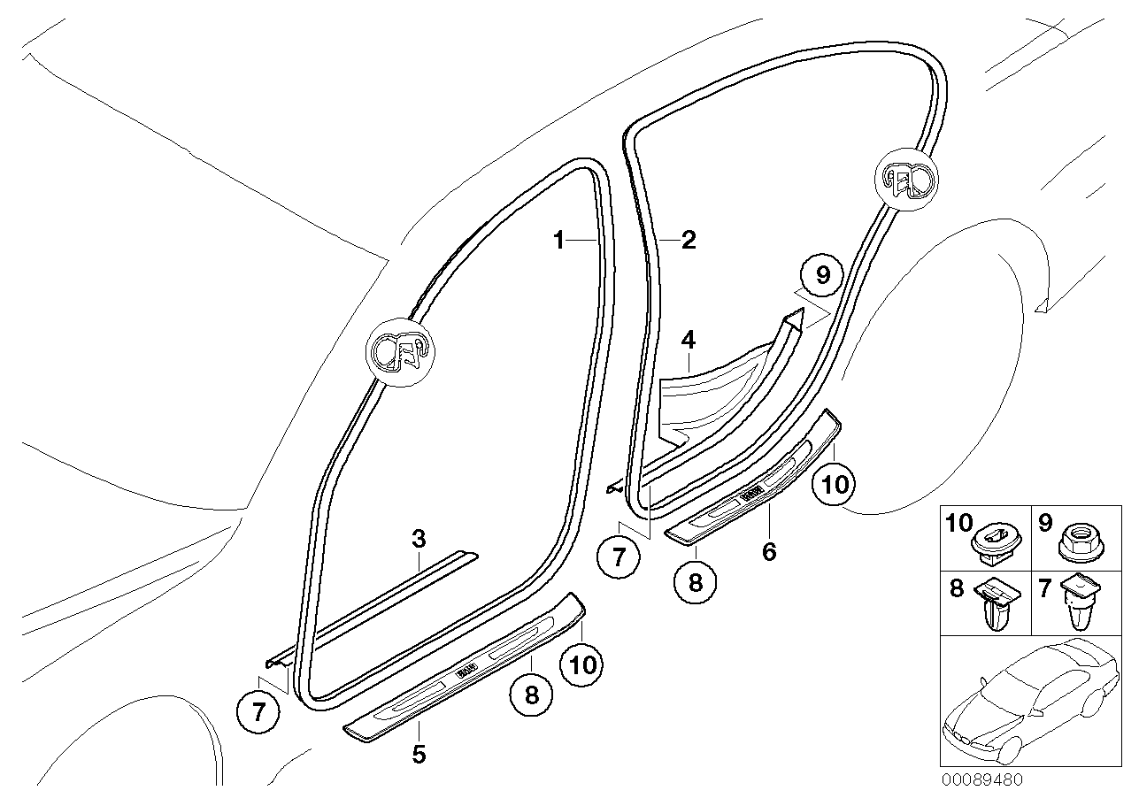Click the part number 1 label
[x=558, y=240]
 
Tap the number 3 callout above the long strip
[x=419, y=539]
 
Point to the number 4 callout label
[x=688, y=339]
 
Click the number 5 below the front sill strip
[x=419, y=755]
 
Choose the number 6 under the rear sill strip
[x=769, y=552]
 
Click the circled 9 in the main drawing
[x=823, y=276]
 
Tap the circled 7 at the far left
[x=258, y=713]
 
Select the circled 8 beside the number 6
[x=696, y=584]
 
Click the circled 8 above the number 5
[x=531, y=695]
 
